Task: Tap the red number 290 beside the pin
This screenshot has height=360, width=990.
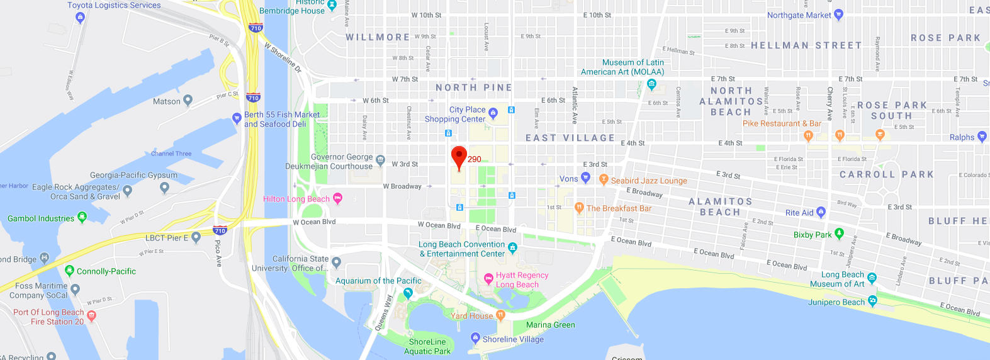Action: click(x=475, y=159)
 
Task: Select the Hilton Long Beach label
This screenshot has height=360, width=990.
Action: click(x=296, y=199)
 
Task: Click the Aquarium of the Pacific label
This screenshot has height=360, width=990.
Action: click(x=378, y=281)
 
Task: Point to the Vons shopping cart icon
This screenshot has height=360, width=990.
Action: click(x=585, y=178)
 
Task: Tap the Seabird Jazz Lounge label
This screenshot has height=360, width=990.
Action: click(x=649, y=181)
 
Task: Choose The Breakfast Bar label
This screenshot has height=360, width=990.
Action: click(x=619, y=208)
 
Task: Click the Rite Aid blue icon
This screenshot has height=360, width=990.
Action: click(x=821, y=212)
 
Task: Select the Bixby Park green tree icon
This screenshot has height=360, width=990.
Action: click(x=839, y=234)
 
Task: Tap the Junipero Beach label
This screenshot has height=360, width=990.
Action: click(x=836, y=302)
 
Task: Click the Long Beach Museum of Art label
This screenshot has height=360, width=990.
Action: click(x=842, y=279)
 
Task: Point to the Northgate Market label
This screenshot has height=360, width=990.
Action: click(x=799, y=15)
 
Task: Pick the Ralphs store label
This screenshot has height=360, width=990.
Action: click(x=962, y=137)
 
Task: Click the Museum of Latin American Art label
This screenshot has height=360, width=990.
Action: click(x=622, y=67)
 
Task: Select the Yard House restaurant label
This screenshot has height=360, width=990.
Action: click(x=471, y=316)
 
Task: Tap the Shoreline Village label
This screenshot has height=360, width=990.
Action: click(x=513, y=339)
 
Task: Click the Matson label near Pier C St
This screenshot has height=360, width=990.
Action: click(x=166, y=101)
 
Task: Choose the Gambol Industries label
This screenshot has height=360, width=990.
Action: click(x=41, y=218)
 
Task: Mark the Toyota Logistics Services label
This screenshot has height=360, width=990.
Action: click(x=114, y=5)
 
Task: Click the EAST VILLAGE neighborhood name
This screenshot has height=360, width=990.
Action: click(x=570, y=138)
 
